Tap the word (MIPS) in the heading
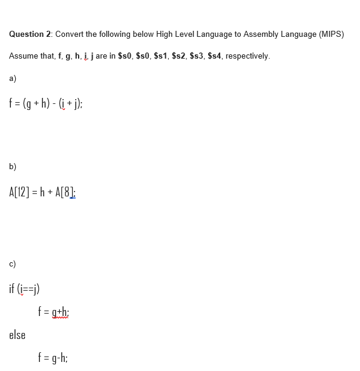[331, 34]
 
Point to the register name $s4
[214, 56]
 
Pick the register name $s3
[197, 56]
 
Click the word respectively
[247, 56]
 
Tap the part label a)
[13, 78]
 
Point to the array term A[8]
[65, 192]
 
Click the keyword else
[17, 334]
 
